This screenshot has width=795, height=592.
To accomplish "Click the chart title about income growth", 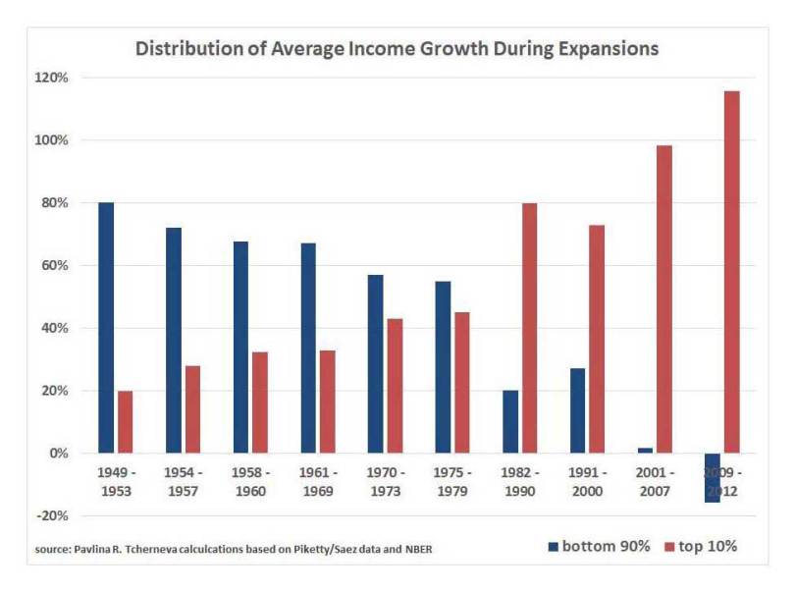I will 396,47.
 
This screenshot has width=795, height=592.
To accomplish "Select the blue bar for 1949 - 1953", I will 106,328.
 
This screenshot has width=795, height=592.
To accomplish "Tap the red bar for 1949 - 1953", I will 125,422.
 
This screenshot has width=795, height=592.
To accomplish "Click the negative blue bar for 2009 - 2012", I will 713,479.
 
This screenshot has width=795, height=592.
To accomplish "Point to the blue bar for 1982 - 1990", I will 510,422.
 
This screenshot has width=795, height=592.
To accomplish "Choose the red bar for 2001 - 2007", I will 664,299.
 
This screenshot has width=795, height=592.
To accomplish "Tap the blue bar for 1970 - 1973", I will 376,364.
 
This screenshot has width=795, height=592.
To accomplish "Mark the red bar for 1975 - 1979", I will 461,383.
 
